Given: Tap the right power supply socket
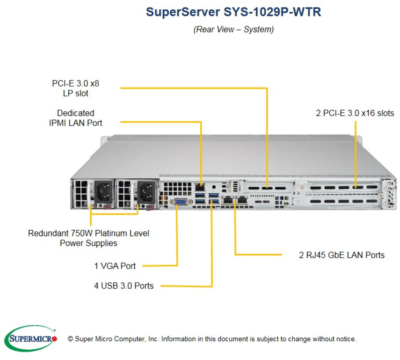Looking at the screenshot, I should [x=147, y=192].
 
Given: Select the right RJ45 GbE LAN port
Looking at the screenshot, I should [x=242, y=200].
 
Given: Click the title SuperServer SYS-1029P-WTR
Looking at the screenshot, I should [x=233, y=12].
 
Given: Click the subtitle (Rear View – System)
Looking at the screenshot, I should [x=233, y=30].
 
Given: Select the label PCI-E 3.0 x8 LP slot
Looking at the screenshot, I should [x=76, y=88].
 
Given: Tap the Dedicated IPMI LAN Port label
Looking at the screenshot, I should [x=76, y=118].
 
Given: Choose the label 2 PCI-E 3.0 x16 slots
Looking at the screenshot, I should [x=355, y=113].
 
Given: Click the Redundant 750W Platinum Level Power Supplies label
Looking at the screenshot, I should [x=88, y=238].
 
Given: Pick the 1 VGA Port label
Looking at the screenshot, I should [x=115, y=266].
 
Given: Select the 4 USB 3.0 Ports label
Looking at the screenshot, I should [x=124, y=286].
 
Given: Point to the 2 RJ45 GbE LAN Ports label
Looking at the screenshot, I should [x=341, y=255].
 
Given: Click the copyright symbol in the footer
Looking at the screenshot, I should [x=70, y=339].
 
